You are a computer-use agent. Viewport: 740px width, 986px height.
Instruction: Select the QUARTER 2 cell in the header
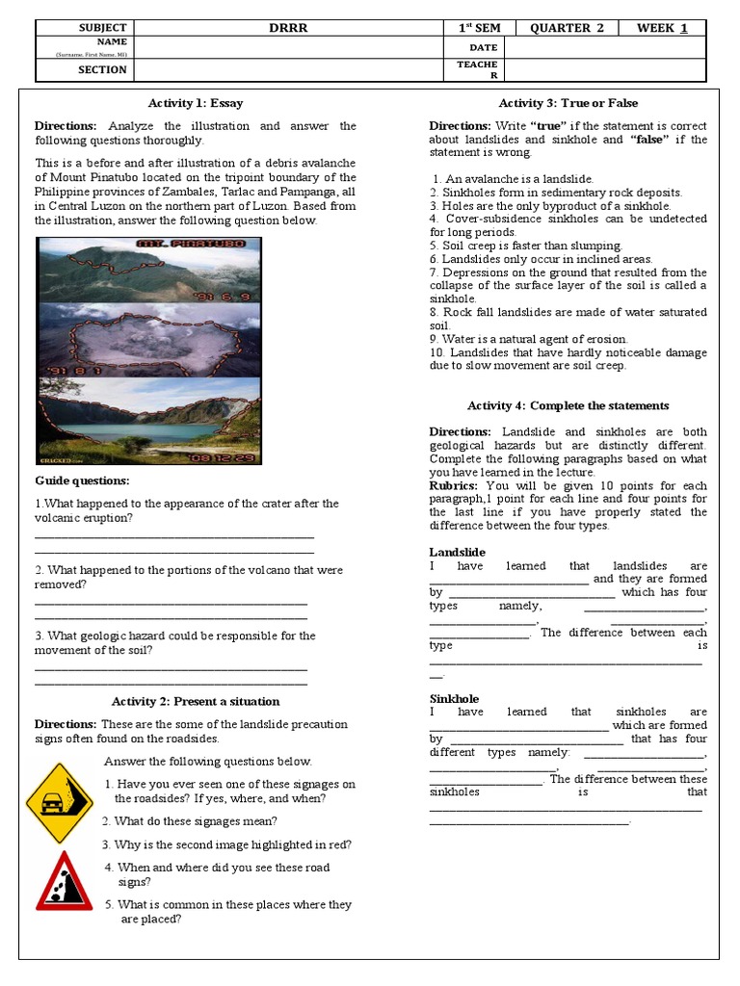pos(567,28)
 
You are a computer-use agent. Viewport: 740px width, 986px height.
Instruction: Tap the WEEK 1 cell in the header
pos(662,28)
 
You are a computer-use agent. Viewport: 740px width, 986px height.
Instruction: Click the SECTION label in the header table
pos(102,69)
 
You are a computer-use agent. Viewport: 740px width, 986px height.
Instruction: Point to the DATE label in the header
pos(484,47)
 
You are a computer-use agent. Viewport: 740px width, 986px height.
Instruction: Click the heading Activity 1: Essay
pos(196,103)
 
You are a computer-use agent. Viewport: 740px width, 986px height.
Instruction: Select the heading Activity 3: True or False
pos(568,103)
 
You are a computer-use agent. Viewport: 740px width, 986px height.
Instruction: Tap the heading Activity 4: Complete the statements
pos(568,405)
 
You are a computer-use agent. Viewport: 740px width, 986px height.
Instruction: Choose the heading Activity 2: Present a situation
pos(196,701)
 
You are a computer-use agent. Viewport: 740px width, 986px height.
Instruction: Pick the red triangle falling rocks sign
pos(65,882)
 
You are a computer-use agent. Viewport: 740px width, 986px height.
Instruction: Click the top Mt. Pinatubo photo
pos(148,270)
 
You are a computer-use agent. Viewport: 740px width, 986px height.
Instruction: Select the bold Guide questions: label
pos(82,480)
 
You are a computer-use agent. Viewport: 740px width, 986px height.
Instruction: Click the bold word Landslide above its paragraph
pos(457,553)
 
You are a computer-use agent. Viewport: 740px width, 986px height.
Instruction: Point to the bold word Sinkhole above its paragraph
pos(454,698)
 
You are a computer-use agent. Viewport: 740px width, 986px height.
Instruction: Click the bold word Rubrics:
pos(456,485)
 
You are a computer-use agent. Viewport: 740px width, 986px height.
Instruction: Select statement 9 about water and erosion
pos(528,339)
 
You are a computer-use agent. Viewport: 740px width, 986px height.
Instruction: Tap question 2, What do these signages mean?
pos(190,821)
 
